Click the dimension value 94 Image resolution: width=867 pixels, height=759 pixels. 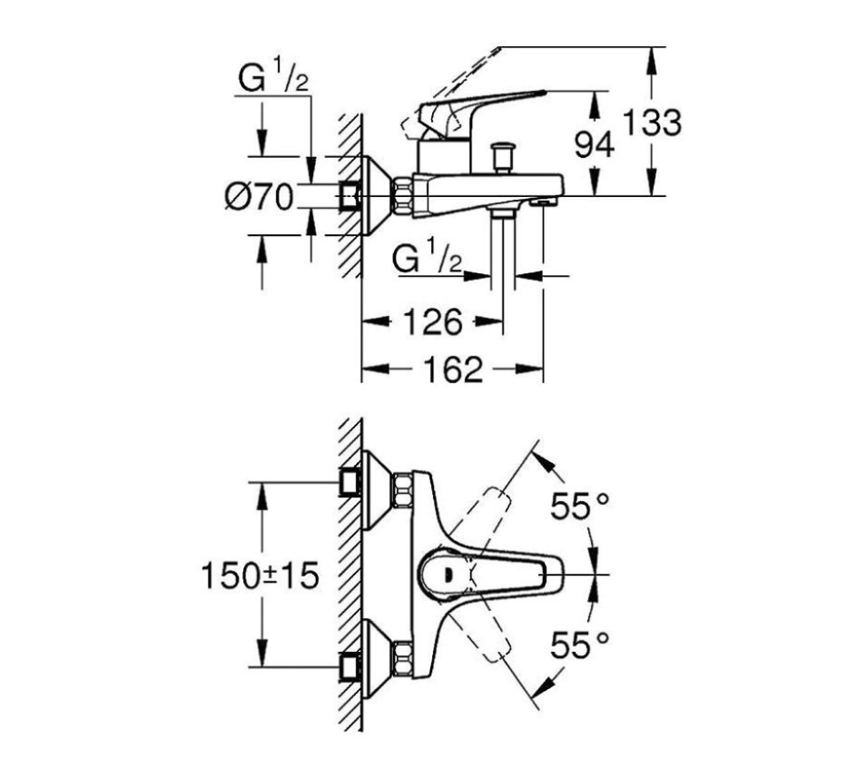pyautogui.click(x=595, y=143)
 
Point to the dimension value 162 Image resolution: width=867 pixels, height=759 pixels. pyautogui.click(x=453, y=369)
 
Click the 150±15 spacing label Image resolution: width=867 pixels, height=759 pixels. pyautogui.click(x=260, y=576)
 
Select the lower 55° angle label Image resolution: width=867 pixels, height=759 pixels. pyautogui.click(x=579, y=646)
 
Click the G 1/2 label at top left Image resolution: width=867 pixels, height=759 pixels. pyautogui.click(x=273, y=80)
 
